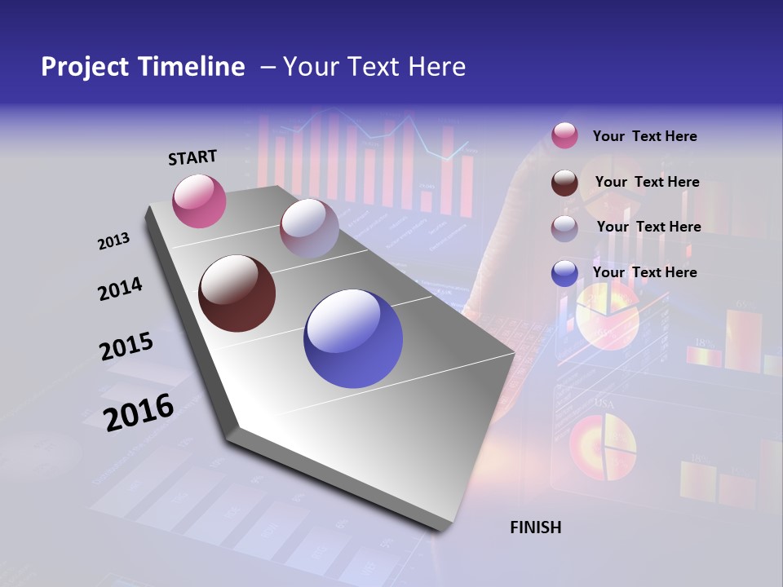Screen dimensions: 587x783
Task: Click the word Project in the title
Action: (x=81, y=67)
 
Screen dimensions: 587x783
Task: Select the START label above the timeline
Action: (x=192, y=157)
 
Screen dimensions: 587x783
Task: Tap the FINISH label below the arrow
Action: (x=536, y=527)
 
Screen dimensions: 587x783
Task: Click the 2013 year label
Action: (x=113, y=241)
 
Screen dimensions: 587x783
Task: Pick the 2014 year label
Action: (x=120, y=289)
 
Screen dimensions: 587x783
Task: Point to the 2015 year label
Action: (x=126, y=346)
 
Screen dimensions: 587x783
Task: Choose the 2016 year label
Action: (x=139, y=412)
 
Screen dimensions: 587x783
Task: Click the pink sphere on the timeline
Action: (x=199, y=201)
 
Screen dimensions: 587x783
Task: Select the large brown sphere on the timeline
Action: (x=237, y=293)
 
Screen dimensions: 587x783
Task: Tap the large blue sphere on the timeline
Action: (x=352, y=338)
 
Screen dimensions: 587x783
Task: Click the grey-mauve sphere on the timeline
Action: (x=309, y=227)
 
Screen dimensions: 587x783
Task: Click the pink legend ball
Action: (x=564, y=136)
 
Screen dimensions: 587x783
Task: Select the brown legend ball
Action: (x=564, y=183)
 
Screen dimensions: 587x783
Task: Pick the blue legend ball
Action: (x=564, y=273)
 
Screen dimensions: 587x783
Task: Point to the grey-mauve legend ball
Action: (x=564, y=227)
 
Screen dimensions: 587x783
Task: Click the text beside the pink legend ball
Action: (x=644, y=136)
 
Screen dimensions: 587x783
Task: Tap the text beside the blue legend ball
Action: (x=644, y=272)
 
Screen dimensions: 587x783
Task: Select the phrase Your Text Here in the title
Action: (x=374, y=67)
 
